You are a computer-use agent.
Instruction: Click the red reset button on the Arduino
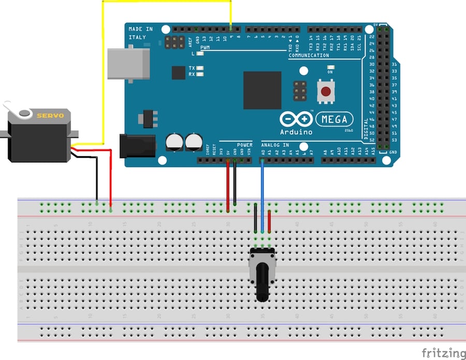click(x=326, y=92)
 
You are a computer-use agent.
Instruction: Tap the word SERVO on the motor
click(x=54, y=115)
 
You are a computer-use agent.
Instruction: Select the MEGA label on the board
click(x=334, y=119)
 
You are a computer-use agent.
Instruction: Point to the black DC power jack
click(x=137, y=145)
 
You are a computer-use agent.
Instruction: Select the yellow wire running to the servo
click(x=104, y=78)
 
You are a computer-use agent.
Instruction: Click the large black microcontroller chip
click(x=262, y=90)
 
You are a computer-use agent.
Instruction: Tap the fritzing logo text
click(x=443, y=353)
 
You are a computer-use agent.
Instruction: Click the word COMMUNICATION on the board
click(x=309, y=55)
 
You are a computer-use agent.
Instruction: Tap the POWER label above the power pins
click(x=244, y=145)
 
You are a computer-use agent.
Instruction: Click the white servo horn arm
click(x=16, y=110)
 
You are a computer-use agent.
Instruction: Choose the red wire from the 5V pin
click(x=228, y=186)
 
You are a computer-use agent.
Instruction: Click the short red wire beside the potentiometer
click(x=269, y=222)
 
